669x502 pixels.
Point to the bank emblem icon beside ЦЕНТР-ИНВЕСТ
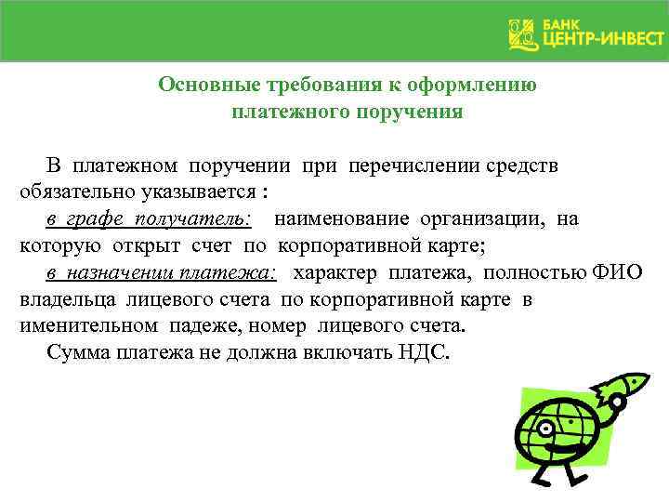click(x=522, y=34)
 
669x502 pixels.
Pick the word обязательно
click(x=76, y=192)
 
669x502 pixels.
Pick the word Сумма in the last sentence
click(x=77, y=354)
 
